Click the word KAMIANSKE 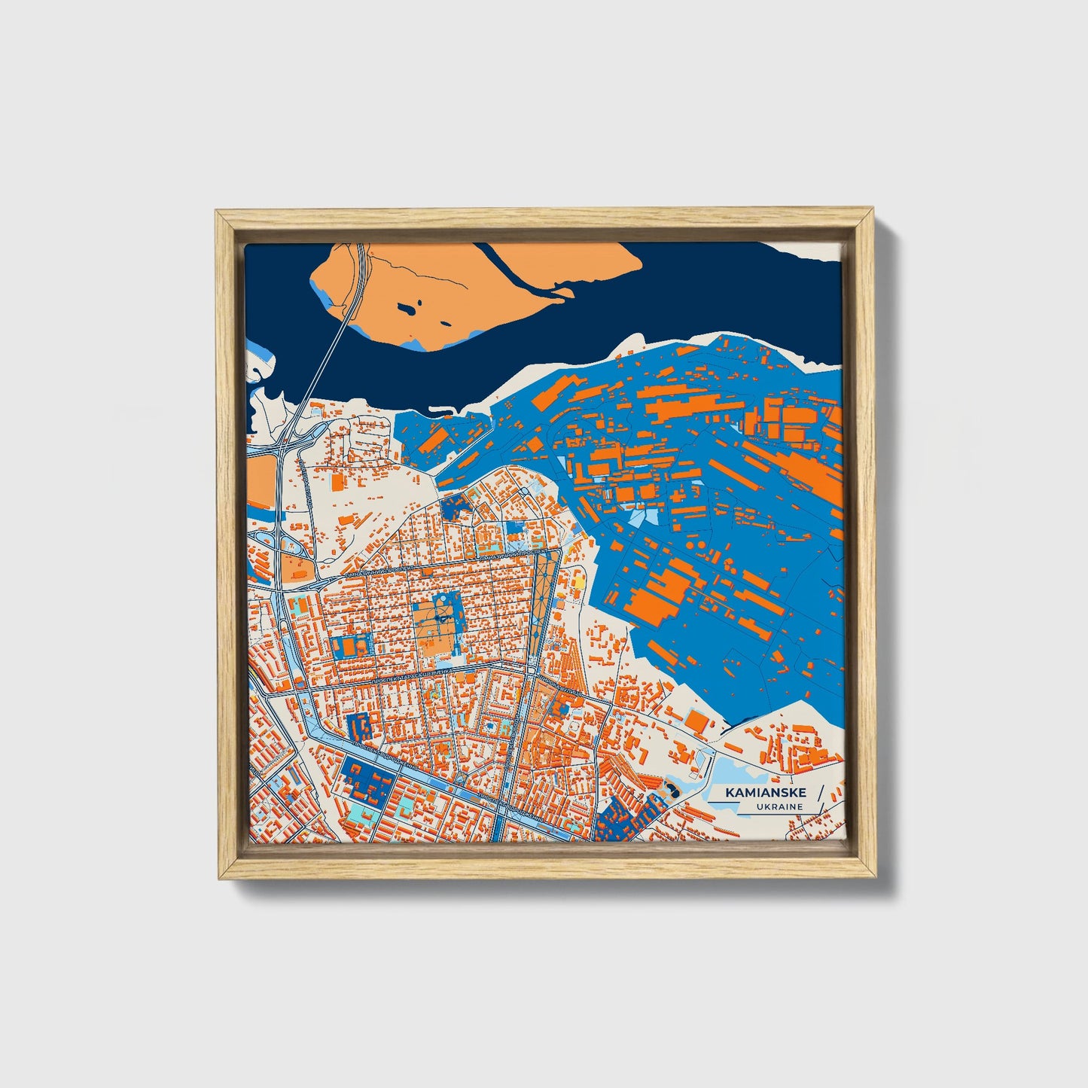[766, 793]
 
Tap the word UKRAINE [781, 807]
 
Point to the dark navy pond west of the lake [672, 788]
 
